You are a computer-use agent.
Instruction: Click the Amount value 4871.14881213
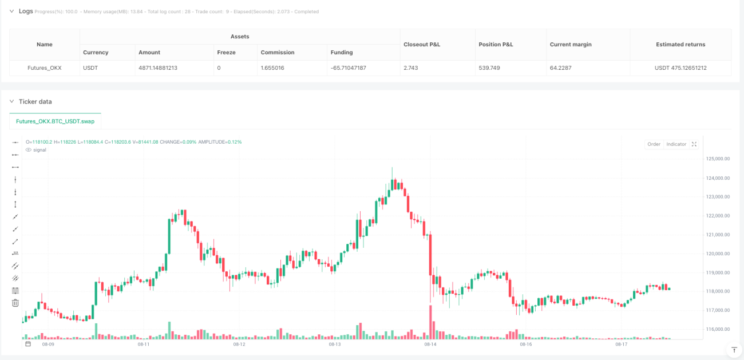point(158,68)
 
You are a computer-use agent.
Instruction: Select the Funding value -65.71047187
point(348,68)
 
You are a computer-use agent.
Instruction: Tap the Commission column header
point(278,53)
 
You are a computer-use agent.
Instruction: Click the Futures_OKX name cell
point(45,68)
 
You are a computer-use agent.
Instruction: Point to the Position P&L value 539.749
point(489,68)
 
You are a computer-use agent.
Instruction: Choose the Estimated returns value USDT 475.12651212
point(680,68)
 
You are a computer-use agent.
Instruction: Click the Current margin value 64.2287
point(561,68)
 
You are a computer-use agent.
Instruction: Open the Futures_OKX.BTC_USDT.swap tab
point(55,121)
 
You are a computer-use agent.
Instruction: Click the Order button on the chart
point(654,144)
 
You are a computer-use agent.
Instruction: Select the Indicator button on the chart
point(676,144)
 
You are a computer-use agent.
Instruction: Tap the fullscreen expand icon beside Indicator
point(694,144)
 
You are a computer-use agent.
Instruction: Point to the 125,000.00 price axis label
point(718,159)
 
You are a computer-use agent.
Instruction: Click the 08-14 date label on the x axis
point(430,344)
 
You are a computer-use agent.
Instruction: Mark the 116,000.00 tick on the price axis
point(718,329)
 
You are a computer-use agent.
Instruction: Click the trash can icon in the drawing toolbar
point(15,303)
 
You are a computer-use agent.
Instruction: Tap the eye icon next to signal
point(29,150)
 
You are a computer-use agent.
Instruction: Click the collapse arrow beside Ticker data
point(11,101)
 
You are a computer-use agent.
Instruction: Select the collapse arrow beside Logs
point(11,11)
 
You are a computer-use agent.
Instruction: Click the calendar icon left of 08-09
point(28,344)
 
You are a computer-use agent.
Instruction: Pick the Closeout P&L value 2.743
point(411,68)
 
